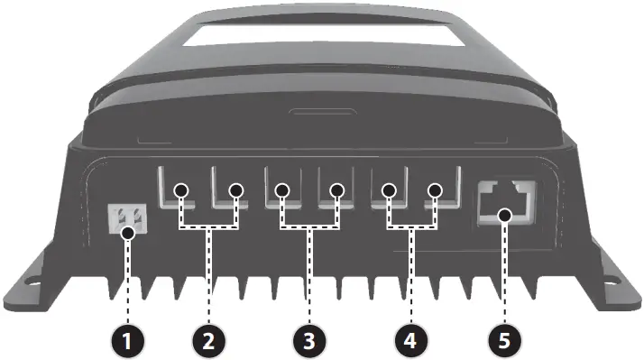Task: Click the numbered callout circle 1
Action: coord(127,341)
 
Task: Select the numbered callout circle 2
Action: coord(208,341)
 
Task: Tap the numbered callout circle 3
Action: coord(309,341)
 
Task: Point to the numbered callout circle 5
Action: coord(504,341)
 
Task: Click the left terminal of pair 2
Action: coord(181,190)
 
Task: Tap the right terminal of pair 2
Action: coord(236,190)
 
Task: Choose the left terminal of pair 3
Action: coord(282,190)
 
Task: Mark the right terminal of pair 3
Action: coord(337,190)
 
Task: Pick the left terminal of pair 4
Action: coord(389,190)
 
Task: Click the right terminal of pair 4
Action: coord(436,190)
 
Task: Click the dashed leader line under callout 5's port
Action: coord(504,271)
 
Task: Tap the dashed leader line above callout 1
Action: coord(127,280)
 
